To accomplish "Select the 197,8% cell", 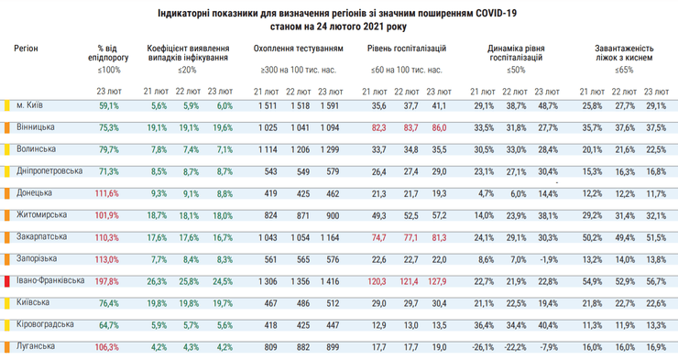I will pos(108,281).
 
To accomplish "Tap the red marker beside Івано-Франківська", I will pos(7,281).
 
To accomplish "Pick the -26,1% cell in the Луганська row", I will pos(482,347).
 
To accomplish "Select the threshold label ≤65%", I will pos(623,69).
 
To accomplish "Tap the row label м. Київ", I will pos(33,104).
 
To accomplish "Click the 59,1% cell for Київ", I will pos(108,105).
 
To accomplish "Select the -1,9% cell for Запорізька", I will pos(548,259).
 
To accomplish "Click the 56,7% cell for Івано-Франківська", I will pos(655,281).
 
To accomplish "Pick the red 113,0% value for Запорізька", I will pos(108,259).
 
